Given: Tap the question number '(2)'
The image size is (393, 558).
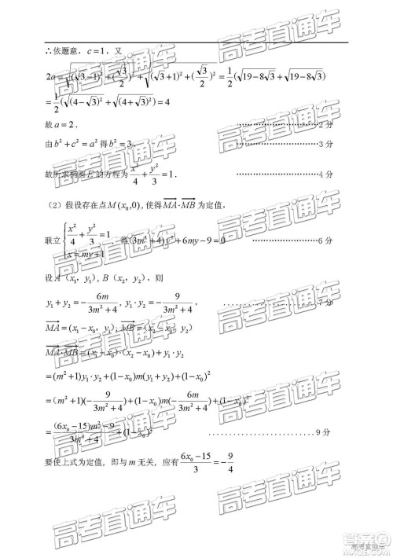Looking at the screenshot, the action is (50, 205).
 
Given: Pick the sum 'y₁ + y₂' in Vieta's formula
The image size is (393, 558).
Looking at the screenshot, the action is (64, 302).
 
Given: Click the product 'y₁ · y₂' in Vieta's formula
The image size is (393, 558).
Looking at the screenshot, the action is (156, 302).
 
